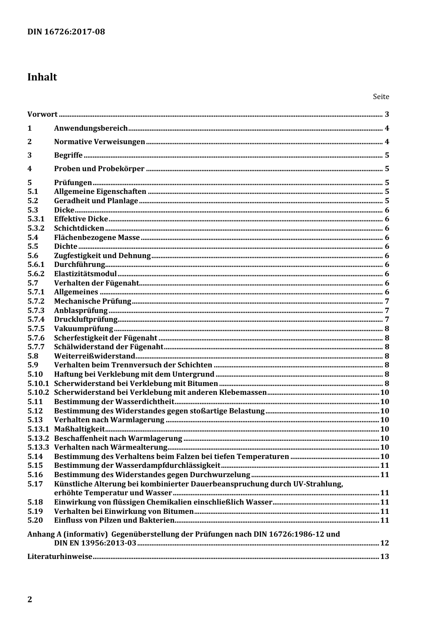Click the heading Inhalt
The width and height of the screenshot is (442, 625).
click(x=42, y=77)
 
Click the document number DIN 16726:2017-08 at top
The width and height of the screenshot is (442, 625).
click(x=66, y=32)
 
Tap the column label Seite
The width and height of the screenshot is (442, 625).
click(x=381, y=97)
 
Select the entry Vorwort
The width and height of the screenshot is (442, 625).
click(x=42, y=114)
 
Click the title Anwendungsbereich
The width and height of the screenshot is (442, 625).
click(x=91, y=128)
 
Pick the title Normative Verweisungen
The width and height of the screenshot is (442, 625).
click(x=100, y=142)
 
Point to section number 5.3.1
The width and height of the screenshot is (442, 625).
click(x=36, y=219)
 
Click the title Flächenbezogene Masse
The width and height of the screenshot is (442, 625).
click(x=97, y=238)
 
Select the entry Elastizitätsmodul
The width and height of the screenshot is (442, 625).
click(x=85, y=274)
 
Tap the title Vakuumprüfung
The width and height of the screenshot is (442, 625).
click(x=83, y=329)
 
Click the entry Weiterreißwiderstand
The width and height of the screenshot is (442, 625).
click(x=94, y=356)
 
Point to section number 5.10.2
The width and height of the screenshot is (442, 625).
click(x=38, y=392)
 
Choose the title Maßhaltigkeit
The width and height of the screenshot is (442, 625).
click(x=79, y=429)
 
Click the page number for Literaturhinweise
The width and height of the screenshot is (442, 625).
click(x=384, y=557)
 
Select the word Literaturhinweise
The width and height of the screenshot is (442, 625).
click(x=60, y=557)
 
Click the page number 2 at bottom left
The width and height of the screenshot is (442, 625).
click(x=30, y=599)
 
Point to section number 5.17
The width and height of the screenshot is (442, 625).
click(x=35, y=484)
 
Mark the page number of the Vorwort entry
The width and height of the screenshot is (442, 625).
click(x=387, y=114)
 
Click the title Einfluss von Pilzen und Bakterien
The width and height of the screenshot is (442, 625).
click(x=114, y=520)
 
